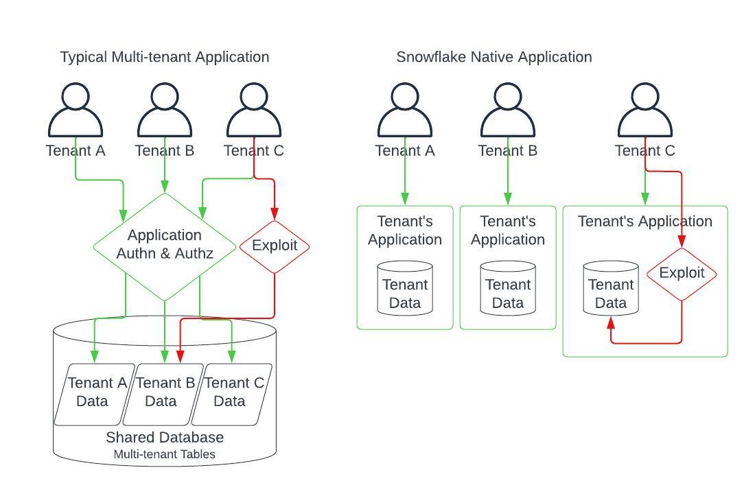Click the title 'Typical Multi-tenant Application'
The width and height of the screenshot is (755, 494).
pos(165,57)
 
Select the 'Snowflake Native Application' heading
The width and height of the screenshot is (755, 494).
pos(493,57)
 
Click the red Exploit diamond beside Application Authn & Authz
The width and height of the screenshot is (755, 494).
pos(275,246)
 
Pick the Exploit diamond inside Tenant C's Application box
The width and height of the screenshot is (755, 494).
pos(682,273)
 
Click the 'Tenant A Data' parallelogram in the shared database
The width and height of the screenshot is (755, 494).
pos(95,392)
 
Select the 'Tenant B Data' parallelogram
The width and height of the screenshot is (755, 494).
pos(163,392)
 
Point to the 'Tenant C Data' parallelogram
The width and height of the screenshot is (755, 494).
pos(232,392)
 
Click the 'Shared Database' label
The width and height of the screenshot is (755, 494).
pos(165,437)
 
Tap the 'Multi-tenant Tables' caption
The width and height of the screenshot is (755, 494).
pos(165,454)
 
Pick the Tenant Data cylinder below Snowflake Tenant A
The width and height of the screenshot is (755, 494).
pos(405,288)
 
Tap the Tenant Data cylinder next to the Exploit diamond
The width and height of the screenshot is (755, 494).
pos(611,288)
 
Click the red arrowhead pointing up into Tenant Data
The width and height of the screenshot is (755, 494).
pos(611,321)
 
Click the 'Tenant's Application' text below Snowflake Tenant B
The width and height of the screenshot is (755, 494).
pos(508,231)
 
